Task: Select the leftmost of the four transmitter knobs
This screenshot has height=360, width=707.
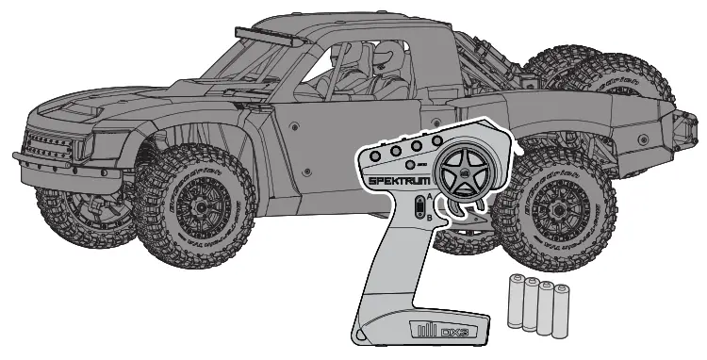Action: (x=375, y=154)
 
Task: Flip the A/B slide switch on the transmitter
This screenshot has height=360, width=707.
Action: (x=419, y=206)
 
